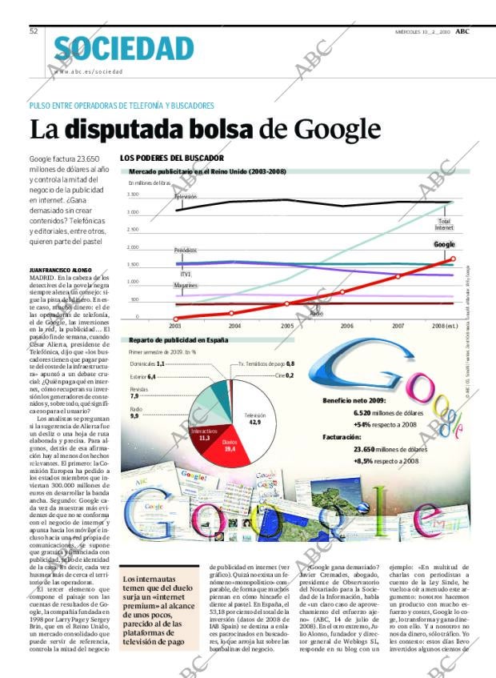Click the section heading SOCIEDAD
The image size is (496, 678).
click(124, 49)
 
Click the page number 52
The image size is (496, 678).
click(34, 30)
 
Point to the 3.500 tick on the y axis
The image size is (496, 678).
click(133, 195)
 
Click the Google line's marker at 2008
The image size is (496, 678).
click(453, 259)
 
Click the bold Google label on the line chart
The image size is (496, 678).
click(444, 244)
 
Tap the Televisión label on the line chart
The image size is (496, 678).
click(186, 196)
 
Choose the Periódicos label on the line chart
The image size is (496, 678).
click(186, 250)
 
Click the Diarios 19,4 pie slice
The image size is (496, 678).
click(230, 444)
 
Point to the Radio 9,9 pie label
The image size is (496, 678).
click(134, 413)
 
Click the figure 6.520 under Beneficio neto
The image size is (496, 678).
click(363, 412)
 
